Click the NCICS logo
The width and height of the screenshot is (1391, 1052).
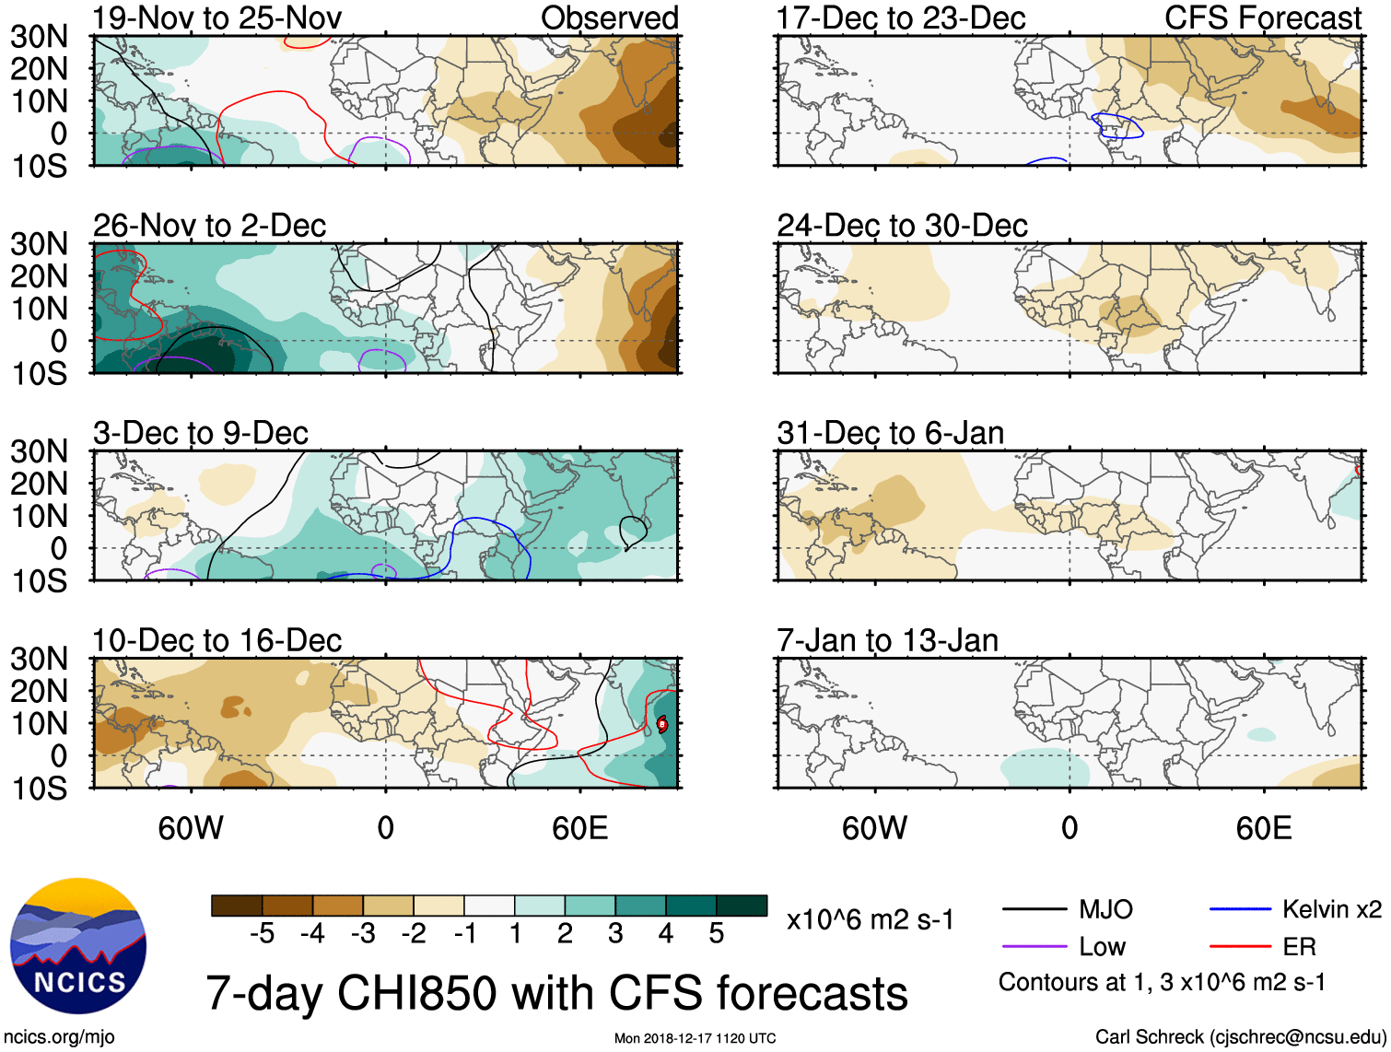(78, 946)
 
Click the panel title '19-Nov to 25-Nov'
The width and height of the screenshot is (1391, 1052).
(216, 18)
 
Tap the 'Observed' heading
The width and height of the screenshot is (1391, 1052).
(609, 18)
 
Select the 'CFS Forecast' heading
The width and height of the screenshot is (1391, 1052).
(1262, 18)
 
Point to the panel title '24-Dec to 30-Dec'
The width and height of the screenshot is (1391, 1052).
(902, 226)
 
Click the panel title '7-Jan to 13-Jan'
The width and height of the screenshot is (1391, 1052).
(887, 640)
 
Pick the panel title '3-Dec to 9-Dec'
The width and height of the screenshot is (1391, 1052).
(200, 433)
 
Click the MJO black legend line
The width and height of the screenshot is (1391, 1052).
(1034, 909)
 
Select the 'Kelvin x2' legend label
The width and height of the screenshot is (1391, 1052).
(1331, 909)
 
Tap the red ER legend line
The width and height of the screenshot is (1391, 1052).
(1240, 946)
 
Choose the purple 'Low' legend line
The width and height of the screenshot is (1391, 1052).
(1034, 946)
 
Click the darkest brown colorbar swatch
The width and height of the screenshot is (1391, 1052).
(237, 906)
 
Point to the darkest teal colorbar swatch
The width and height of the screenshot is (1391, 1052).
(742, 906)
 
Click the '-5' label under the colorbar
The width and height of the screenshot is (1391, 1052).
(262, 934)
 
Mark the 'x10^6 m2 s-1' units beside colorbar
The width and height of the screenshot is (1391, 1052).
(870, 919)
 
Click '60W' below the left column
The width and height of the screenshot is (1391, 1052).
(190, 828)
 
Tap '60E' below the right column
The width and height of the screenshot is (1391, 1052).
(1263, 828)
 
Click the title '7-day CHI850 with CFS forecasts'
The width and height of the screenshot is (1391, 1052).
(556, 993)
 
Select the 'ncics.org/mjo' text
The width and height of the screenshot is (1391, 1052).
(59, 1037)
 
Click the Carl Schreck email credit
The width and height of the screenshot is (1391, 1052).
(1240, 1037)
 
